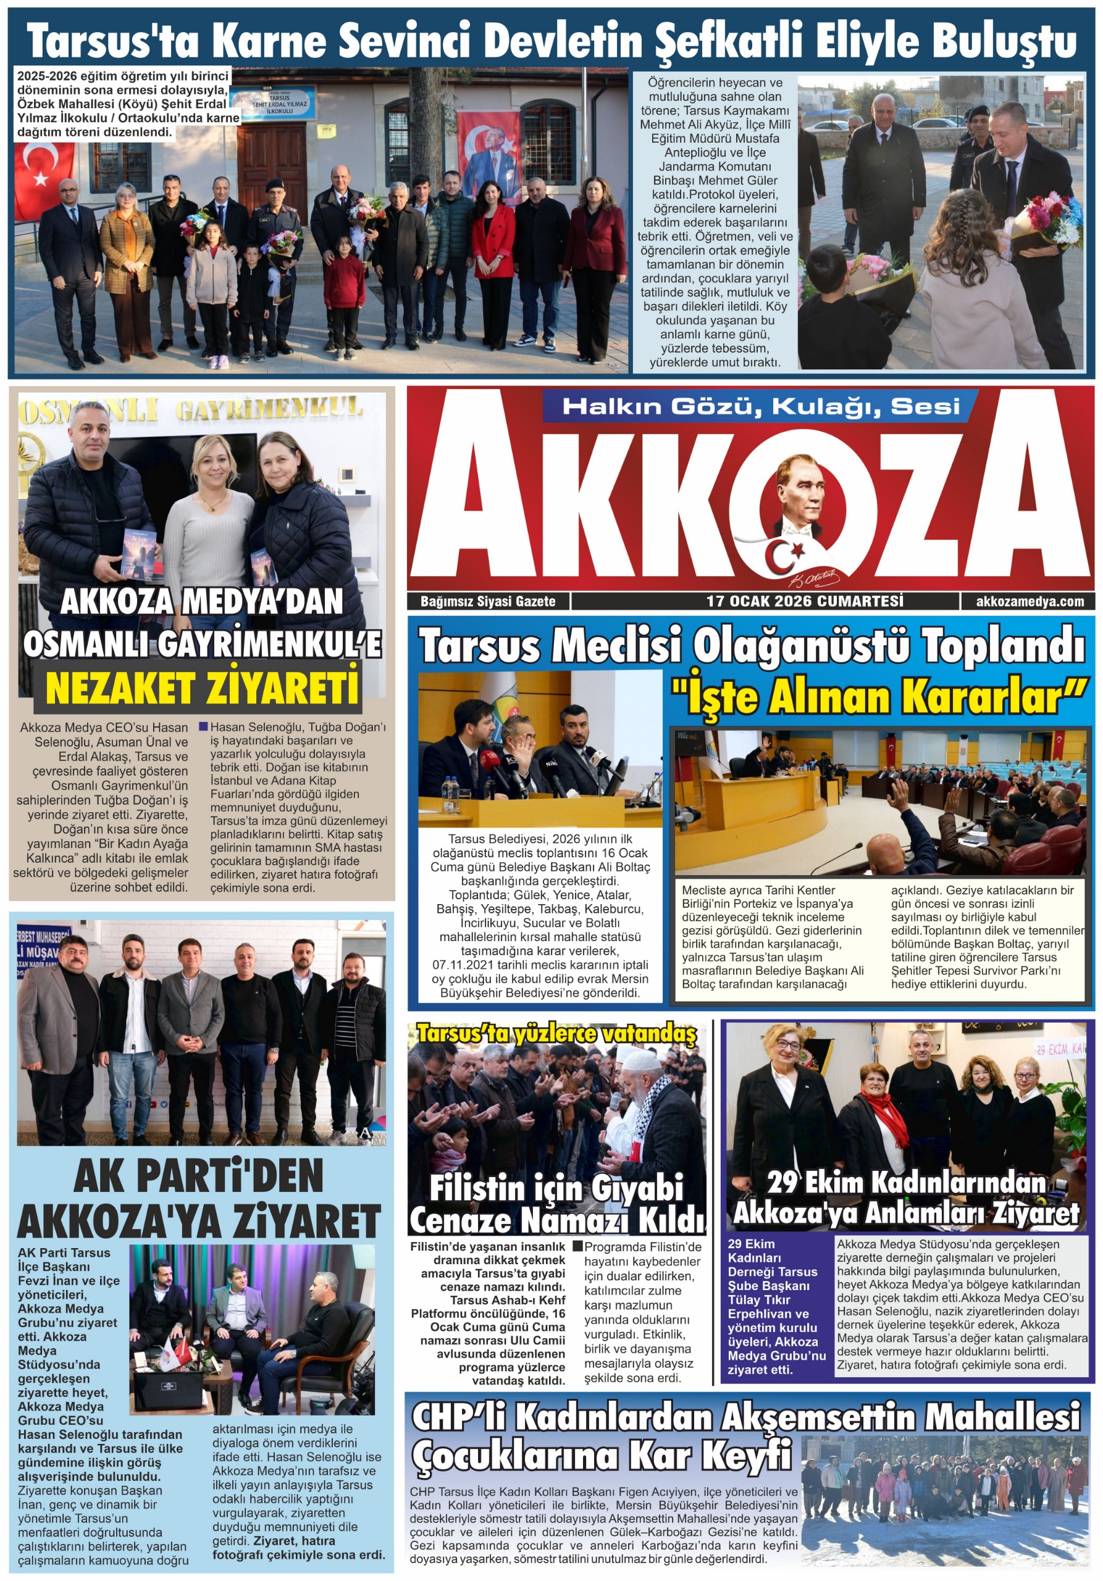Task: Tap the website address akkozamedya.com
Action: click(1030, 601)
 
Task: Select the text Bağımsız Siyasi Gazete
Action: click(487, 601)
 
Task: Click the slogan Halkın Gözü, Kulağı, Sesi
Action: click(761, 406)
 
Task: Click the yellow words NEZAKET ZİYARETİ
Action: click(203, 688)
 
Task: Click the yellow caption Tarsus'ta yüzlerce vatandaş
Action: click(556, 1035)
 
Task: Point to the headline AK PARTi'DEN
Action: click(198, 1176)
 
